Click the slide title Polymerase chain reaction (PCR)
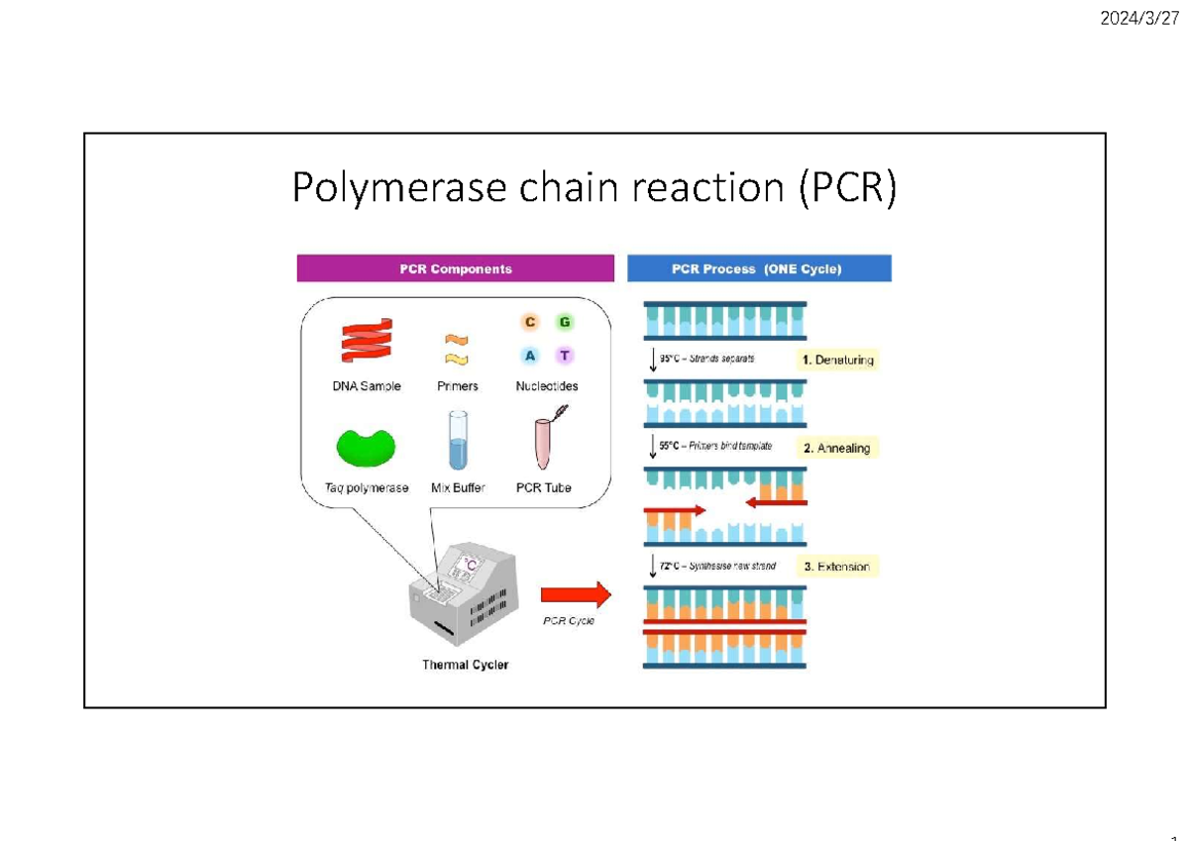pyautogui.click(x=594, y=188)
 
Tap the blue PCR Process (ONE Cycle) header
pyautogui.click(x=759, y=268)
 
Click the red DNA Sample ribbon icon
pyautogui.click(x=367, y=342)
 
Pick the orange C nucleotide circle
pyautogui.click(x=530, y=322)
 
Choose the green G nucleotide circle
pyautogui.click(x=564, y=322)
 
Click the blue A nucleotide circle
pyautogui.click(x=530, y=356)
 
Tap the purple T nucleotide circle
pyautogui.click(x=564, y=356)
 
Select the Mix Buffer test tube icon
pyautogui.click(x=457, y=441)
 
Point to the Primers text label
pyautogui.click(x=457, y=386)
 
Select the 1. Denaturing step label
pyautogui.click(x=838, y=360)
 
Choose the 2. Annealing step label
pyautogui.click(x=837, y=448)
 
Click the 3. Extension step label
pyautogui.click(x=837, y=567)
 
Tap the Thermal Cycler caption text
pyautogui.click(x=466, y=665)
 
